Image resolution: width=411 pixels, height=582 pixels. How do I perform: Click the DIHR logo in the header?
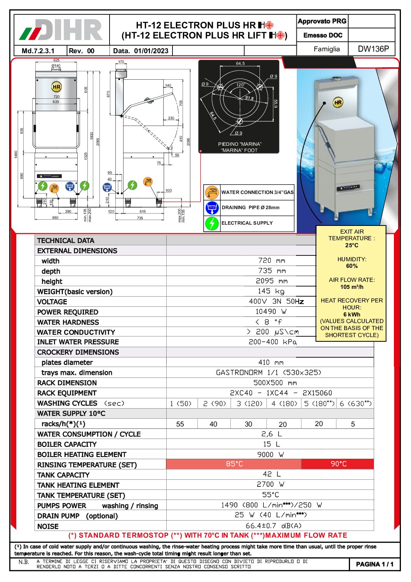(61, 30)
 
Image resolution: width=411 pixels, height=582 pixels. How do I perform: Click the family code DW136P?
(373, 49)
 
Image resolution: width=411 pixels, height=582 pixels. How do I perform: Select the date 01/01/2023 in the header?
(151, 51)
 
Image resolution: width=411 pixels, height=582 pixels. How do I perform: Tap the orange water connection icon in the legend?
(212, 192)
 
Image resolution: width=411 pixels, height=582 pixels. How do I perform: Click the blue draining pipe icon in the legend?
(212, 208)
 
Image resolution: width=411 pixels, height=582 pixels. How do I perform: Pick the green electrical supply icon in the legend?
(212, 223)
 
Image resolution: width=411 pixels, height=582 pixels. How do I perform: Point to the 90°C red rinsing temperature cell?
(338, 464)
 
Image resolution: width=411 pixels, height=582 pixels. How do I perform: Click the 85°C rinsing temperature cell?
(234, 464)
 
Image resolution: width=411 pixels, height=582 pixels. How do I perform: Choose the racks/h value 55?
(180, 424)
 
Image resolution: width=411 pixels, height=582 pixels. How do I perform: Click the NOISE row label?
(48, 526)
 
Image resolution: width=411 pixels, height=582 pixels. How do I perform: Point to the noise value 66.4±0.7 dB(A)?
(273, 526)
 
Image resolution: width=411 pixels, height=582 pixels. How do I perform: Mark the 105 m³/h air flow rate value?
(352, 287)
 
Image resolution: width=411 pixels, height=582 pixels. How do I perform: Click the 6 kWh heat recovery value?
(352, 315)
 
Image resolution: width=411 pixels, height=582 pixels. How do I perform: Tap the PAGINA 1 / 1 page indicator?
(374, 564)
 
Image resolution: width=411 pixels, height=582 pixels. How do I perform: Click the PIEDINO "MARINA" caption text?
(240, 144)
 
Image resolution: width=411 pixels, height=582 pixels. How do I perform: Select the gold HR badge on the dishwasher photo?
(338, 103)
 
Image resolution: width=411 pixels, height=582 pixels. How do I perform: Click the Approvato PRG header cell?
(322, 21)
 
